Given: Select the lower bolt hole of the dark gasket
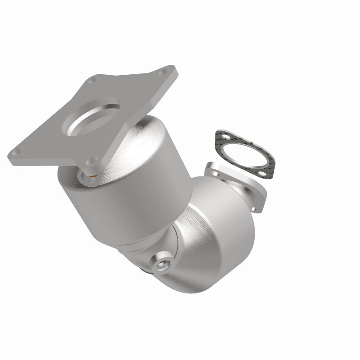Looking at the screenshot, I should pos(260,173).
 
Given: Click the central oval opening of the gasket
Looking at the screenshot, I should pos(241,154).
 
